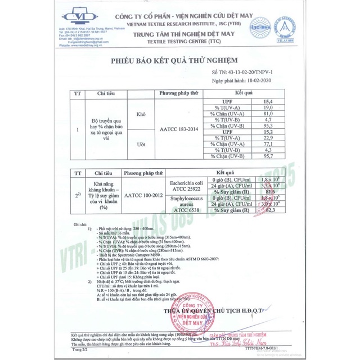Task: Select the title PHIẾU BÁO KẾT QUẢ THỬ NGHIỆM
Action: click(x=174, y=60)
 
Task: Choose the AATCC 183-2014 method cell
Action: click(x=179, y=129)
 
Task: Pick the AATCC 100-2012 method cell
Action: click(x=145, y=196)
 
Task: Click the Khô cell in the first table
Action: click(x=141, y=114)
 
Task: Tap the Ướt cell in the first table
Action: click(x=141, y=145)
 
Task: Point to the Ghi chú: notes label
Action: click(x=80, y=224)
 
